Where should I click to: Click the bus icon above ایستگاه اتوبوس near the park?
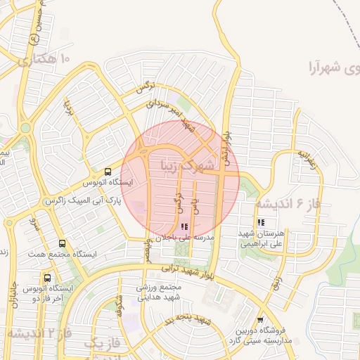[x=108, y=171]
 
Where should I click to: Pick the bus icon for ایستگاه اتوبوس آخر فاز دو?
[x=47, y=278]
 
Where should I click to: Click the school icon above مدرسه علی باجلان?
[x=184, y=226]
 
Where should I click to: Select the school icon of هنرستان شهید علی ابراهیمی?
[x=261, y=223]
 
